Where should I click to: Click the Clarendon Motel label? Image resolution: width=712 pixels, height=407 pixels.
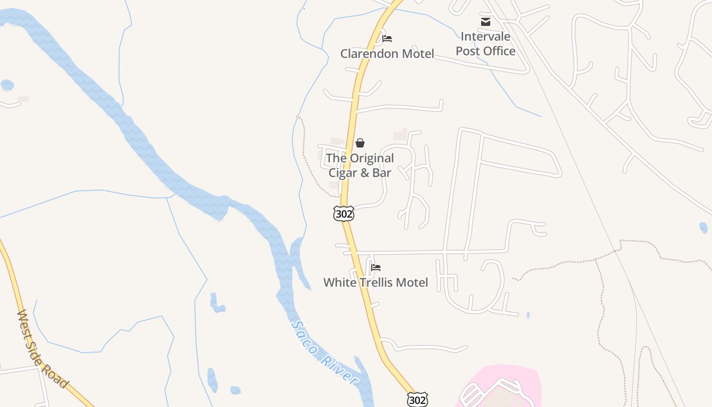pyautogui.click(x=387, y=53)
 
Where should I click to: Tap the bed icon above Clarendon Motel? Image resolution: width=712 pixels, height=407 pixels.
pyautogui.click(x=387, y=39)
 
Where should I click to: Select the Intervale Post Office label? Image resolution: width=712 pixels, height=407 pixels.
pyautogui.click(x=485, y=44)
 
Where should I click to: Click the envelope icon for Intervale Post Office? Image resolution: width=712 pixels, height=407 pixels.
pyautogui.click(x=486, y=22)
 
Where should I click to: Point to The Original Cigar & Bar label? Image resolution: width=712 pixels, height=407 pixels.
pyautogui.click(x=360, y=165)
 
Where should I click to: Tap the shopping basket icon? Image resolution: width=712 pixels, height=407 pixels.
pyautogui.click(x=360, y=143)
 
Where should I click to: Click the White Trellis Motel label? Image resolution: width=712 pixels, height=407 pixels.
pyautogui.click(x=375, y=282)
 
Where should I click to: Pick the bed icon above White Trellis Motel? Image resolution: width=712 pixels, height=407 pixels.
pyautogui.click(x=376, y=268)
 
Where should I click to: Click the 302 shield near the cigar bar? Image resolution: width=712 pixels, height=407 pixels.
pyautogui.click(x=344, y=214)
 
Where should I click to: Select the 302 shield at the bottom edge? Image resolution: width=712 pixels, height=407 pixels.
pyautogui.click(x=417, y=400)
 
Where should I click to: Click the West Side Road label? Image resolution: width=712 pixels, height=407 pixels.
pyautogui.click(x=43, y=349)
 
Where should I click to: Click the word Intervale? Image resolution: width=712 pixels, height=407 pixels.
pyautogui.click(x=485, y=37)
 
